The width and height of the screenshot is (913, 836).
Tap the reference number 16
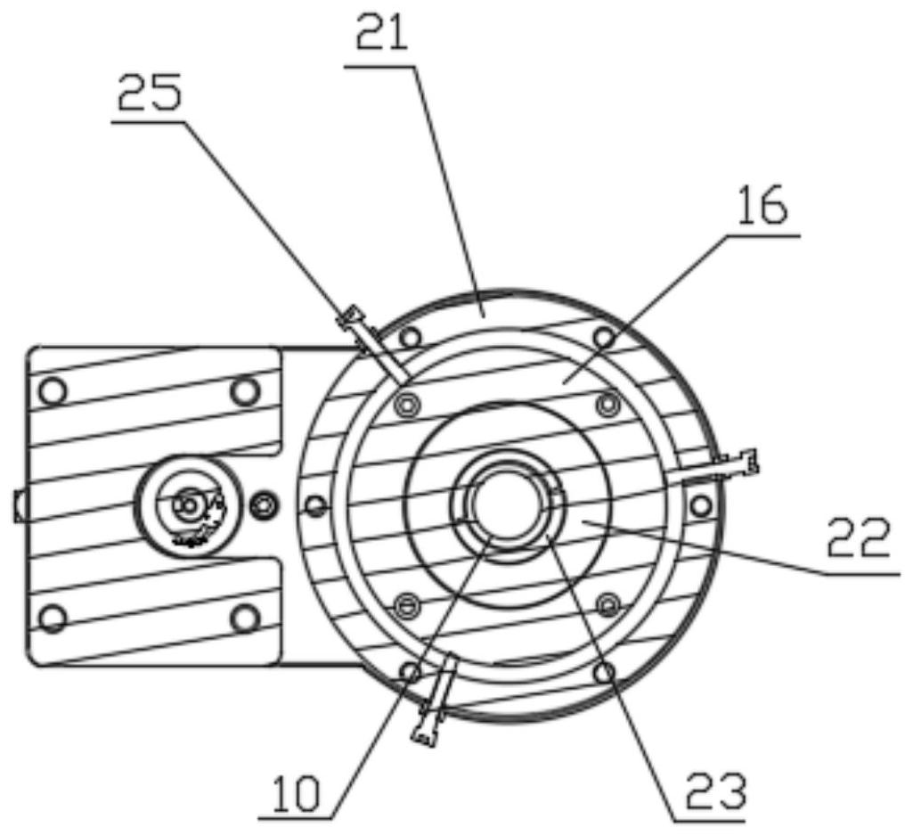click(762, 208)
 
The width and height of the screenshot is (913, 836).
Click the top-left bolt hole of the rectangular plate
click(53, 389)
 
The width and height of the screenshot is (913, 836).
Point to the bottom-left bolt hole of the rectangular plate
click(53, 618)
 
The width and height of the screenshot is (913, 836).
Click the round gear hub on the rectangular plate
click(188, 504)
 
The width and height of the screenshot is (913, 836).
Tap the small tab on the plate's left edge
click(20, 505)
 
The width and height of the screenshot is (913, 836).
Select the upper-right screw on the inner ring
click(607, 404)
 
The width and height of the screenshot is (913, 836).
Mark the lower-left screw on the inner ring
click(407, 606)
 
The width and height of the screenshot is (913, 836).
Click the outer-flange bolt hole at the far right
click(701, 505)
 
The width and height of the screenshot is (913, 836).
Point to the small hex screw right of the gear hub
click(264, 505)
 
